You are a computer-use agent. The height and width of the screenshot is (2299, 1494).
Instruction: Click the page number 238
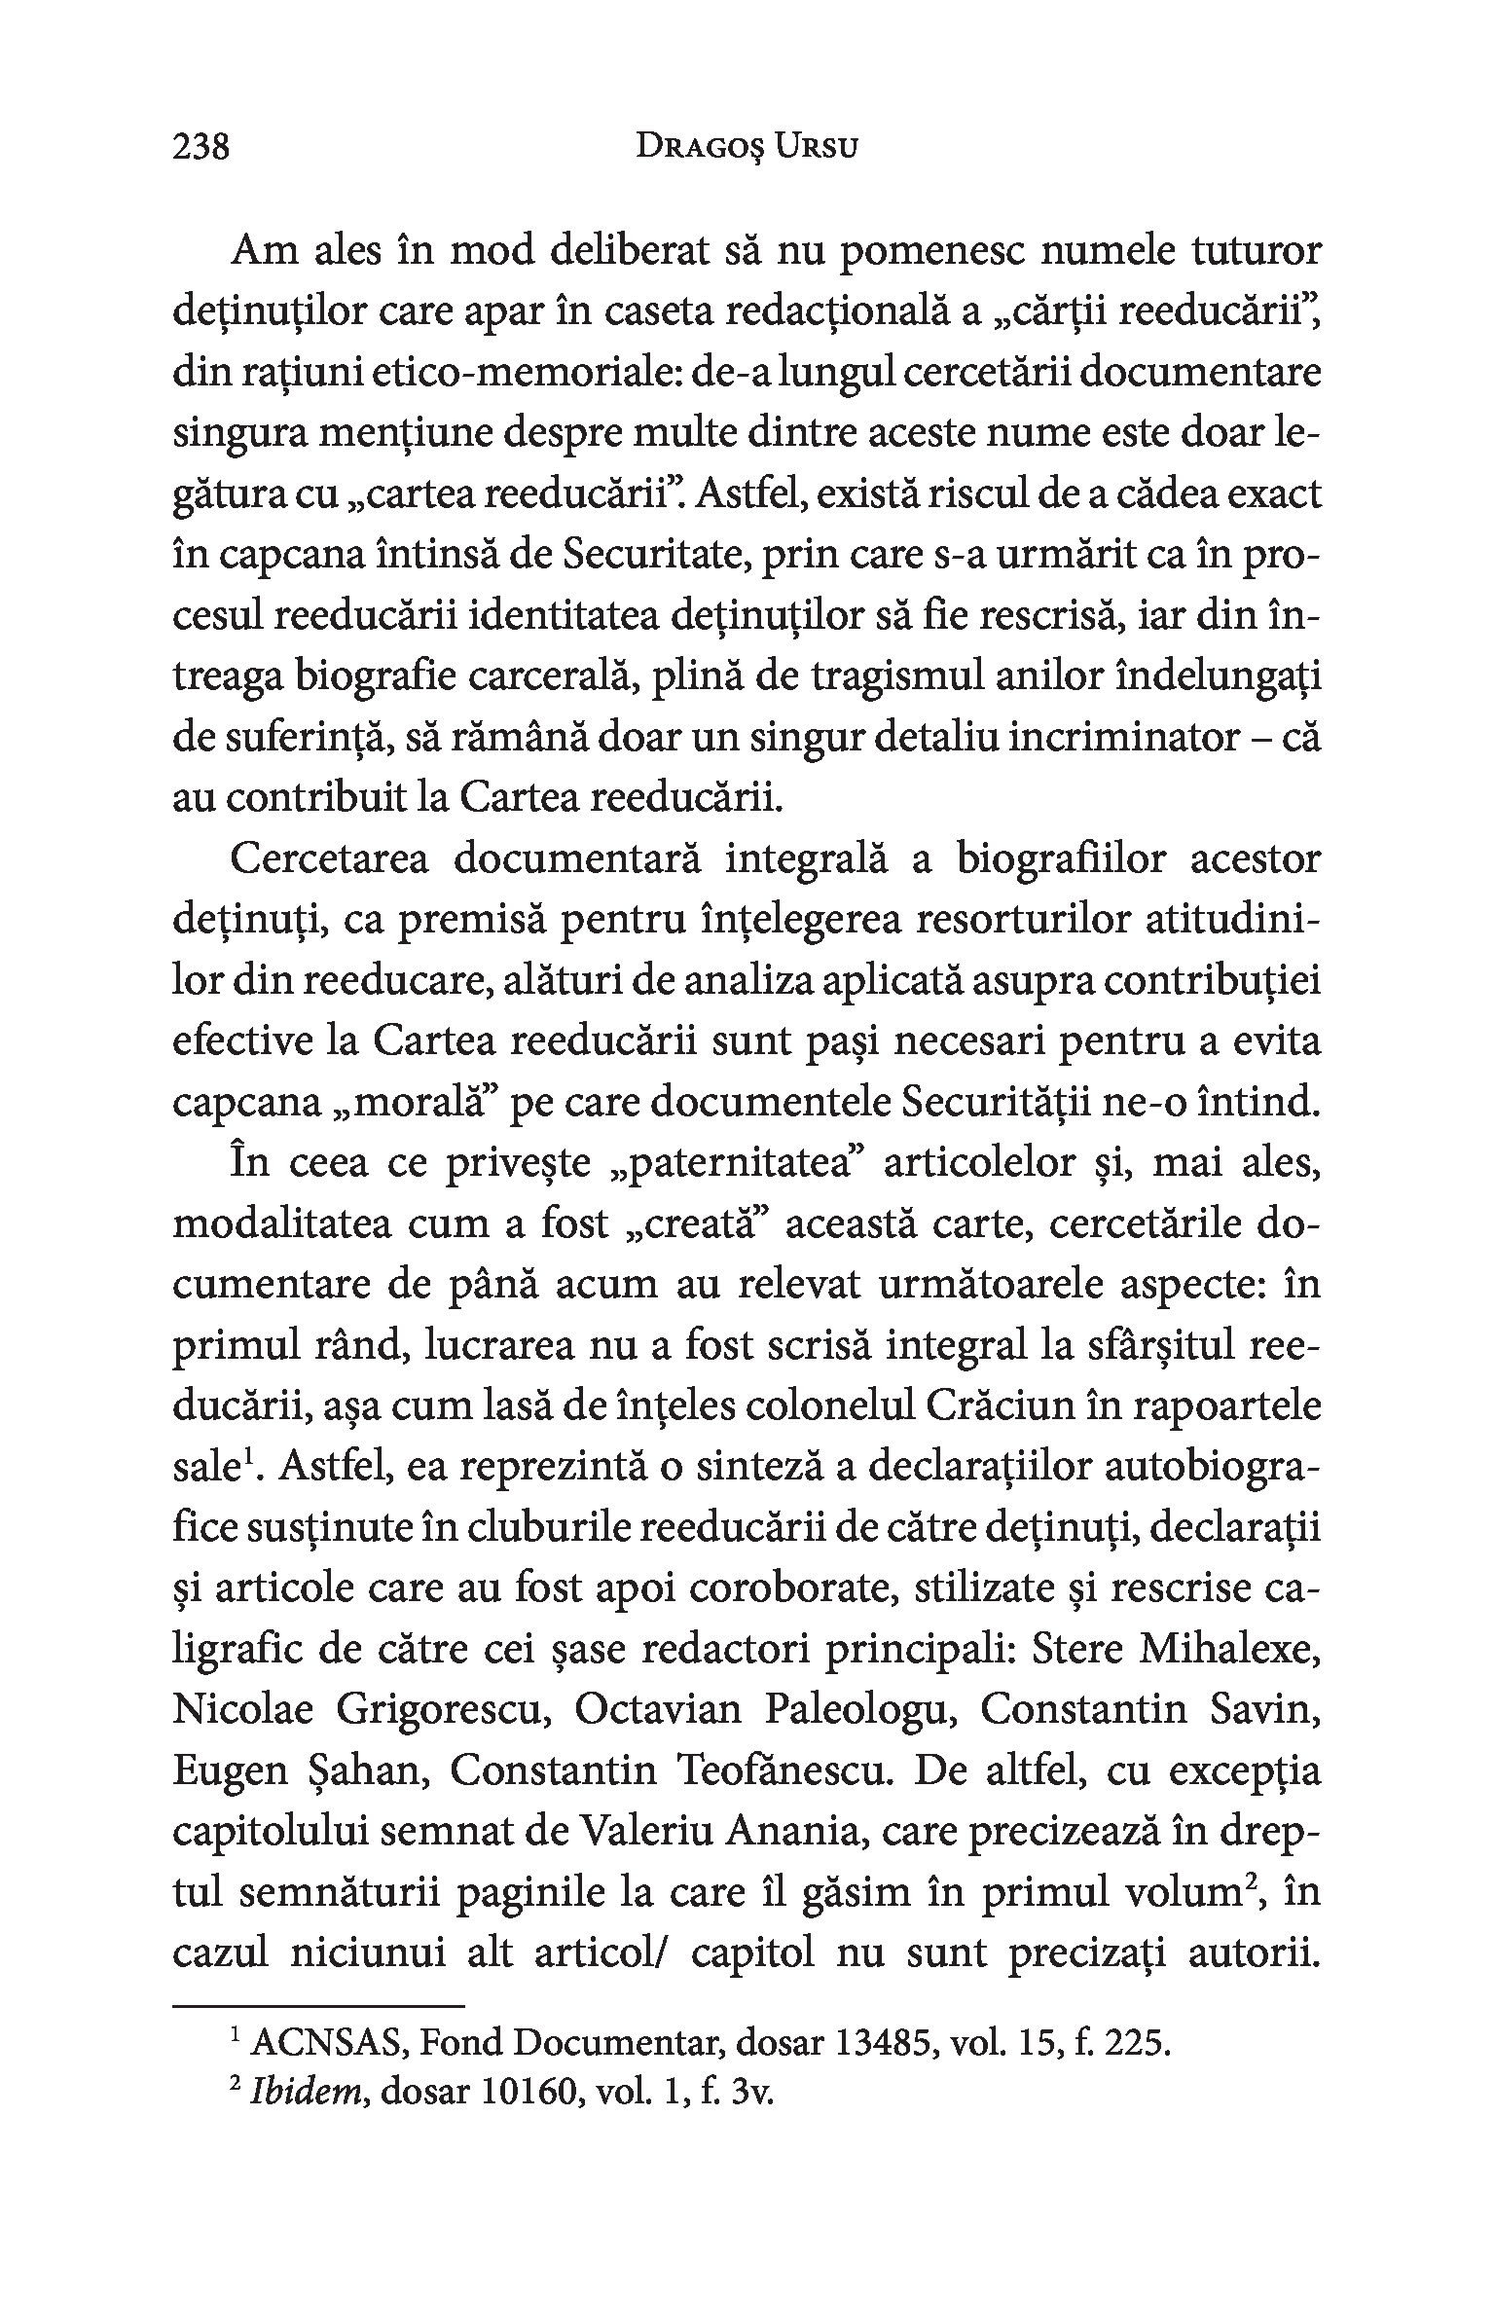[200, 148]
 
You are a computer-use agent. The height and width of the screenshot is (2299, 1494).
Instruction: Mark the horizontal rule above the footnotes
[318, 2006]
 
